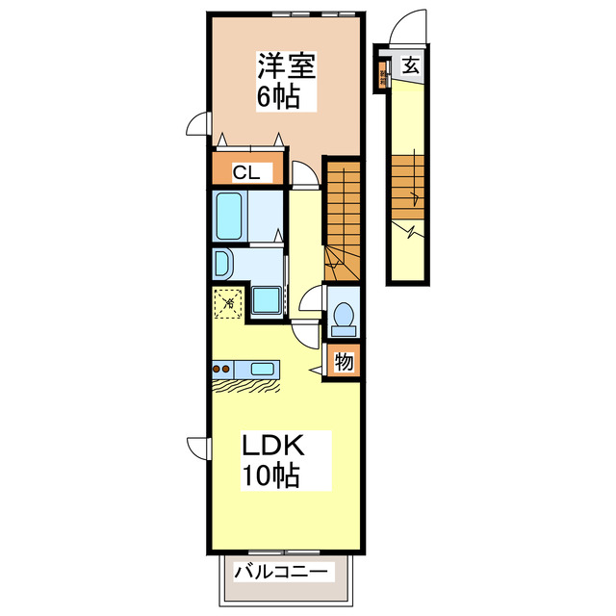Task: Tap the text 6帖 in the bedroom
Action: pyautogui.click(x=276, y=96)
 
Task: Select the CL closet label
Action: pyautogui.click(x=245, y=173)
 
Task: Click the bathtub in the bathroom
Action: pyautogui.click(x=229, y=216)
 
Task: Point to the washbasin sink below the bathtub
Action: pyautogui.click(x=220, y=264)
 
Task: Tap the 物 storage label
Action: pyautogui.click(x=344, y=363)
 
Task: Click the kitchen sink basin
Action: pyautogui.click(x=263, y=368)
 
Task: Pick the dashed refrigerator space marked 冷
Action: pyautogui.click(x=228, y=303)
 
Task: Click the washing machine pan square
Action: pyautogui.click(x=267, y=301)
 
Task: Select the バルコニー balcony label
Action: pyautogui.click(x=282, y=573)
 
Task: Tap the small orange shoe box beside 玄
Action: pyautogui.click(x=383, y=74)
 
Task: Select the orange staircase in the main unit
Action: pyautogui.click(x=341, y=221)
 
